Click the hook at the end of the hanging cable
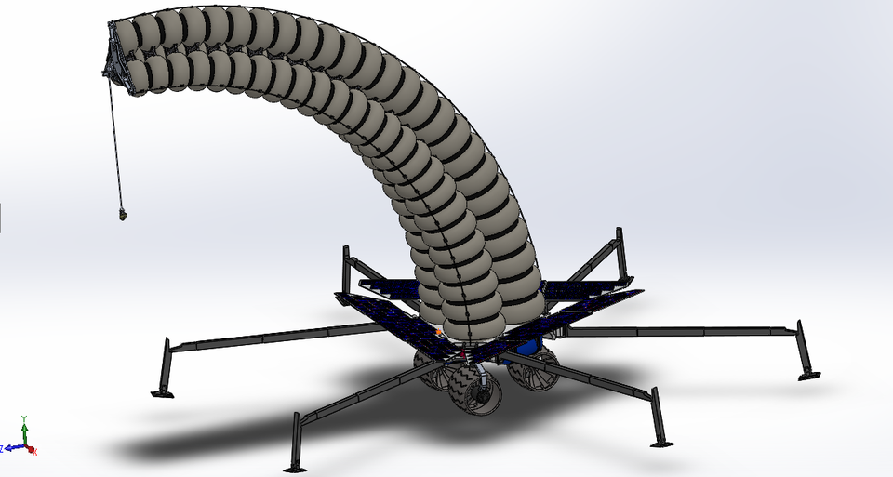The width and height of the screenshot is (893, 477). (x=121, y=215)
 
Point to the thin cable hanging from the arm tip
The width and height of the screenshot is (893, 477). (x=114, y=139)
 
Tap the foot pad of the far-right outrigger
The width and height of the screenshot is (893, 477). (x=809, y=375)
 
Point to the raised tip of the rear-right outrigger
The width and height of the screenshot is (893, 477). (x=617, y=232)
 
